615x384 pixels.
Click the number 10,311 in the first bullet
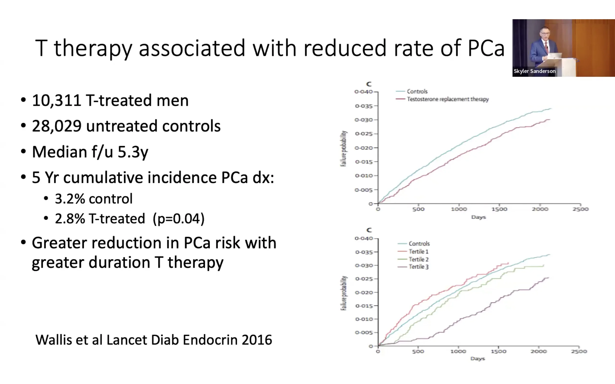[x=56, y=101]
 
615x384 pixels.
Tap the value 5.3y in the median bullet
[x=133, y=152]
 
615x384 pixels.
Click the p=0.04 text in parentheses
[x=178, y=219]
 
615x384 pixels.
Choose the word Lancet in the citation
[x=127, y=340]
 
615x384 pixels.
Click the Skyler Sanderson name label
[x=535, y=71]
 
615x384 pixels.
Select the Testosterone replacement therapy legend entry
[x=448, y=99]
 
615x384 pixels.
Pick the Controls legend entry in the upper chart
[x=417, y=91]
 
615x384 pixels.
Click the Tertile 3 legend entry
[x=418, y=267]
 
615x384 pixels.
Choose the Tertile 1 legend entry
[x=418, y=252]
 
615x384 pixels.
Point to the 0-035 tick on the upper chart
[x=364, y=106]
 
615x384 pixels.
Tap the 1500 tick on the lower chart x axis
[x=498, y=352]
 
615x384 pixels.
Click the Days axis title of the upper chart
[x=478, y=217]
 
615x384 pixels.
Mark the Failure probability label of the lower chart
[x=344, y=293]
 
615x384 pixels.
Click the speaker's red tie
[x=546, y=47]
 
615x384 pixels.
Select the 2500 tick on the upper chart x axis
[x=580, y=209]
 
